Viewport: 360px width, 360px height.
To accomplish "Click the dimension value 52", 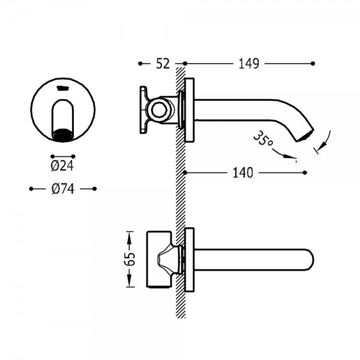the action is [163, 64].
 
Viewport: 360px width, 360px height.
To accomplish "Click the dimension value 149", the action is [249, 64].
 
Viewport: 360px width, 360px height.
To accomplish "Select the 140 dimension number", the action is [243, 173].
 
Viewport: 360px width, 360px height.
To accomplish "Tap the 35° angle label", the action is [263, 139].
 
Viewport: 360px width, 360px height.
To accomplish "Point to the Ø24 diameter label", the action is [62, 166].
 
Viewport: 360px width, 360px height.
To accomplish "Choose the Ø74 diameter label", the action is [63, 189].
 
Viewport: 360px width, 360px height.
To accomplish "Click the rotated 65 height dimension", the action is [131, 259].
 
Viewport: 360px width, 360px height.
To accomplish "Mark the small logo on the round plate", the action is [62, 88].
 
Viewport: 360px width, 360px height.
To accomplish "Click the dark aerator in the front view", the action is [62, 134].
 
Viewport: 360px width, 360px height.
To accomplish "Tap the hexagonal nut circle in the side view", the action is [159, 110].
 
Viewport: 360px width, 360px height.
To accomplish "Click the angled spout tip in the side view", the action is [305, 135].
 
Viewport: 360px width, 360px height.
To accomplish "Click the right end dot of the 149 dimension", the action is [313, 64].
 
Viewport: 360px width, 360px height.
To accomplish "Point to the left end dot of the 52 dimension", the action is [140, 64].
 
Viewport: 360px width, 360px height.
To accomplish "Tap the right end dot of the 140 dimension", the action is [305, 173].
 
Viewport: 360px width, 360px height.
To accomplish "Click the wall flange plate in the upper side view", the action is [190, 110].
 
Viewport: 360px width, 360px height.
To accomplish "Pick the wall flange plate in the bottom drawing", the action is [190, 260].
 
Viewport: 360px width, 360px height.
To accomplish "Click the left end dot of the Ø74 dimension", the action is [31, 189].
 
